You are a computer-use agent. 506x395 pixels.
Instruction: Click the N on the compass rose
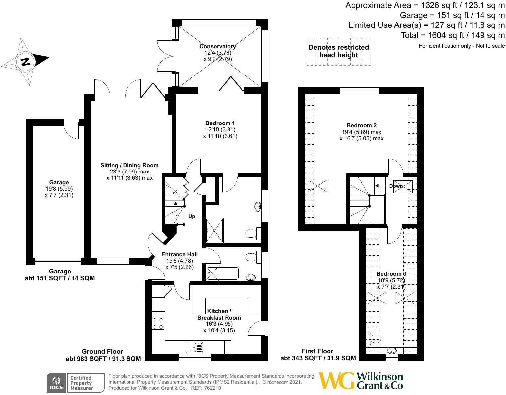(25, 62)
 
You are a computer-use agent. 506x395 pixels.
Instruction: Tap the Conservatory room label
(218, 46)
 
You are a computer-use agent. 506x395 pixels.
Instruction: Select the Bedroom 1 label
(220, 123)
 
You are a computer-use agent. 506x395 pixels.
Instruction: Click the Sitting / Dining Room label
(129, 165)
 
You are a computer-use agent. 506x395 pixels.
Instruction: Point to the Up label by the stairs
(192, 216)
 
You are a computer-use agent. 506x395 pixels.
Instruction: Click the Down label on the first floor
(396, 186)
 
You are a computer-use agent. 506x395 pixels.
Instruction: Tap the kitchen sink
(194, 347)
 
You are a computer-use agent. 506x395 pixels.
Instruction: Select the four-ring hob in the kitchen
(158, 323)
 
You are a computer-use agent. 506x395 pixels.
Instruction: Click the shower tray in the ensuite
(215, 230)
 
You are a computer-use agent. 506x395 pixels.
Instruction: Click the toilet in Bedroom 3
(373, 339)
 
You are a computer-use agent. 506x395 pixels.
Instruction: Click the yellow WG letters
(337, 380)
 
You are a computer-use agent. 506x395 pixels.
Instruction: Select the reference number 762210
(212, 388)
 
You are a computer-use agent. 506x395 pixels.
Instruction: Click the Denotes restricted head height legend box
(338, 51)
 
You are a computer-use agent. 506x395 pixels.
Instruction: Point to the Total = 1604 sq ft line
(453, 35)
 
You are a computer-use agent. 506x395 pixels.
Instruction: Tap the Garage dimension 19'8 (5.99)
(59, 189)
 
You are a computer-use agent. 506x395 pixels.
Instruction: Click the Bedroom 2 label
(362, 126)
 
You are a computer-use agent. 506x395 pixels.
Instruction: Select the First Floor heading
(317, 351)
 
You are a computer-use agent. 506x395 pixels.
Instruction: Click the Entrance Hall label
(179, 254)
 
